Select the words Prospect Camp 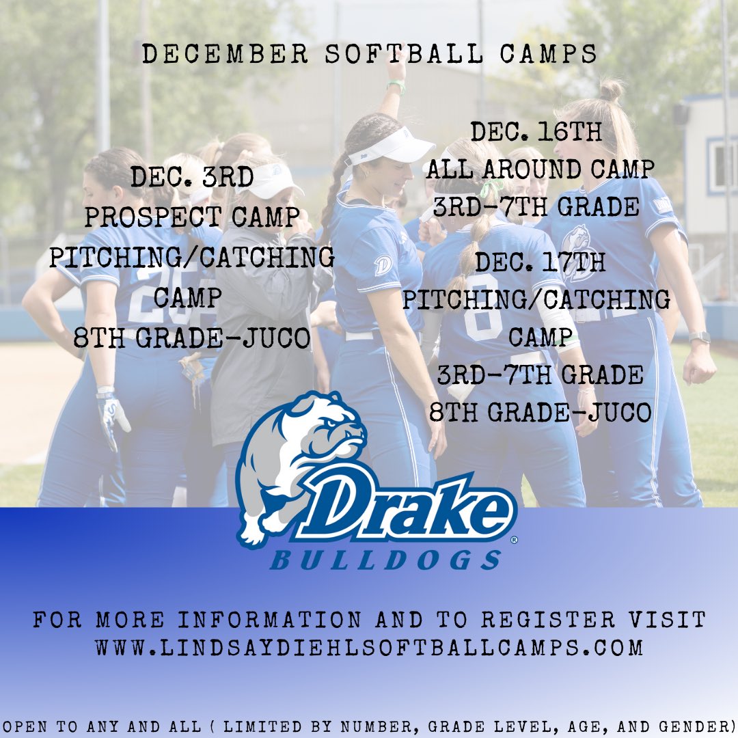(192, 217)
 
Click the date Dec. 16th (536, 131)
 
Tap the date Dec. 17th (540, 262)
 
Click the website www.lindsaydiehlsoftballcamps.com (369, 647)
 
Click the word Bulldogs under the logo (386, 560)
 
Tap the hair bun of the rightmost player (611, 90)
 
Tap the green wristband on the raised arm (396, 86)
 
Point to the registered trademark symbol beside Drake (513, 539)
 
